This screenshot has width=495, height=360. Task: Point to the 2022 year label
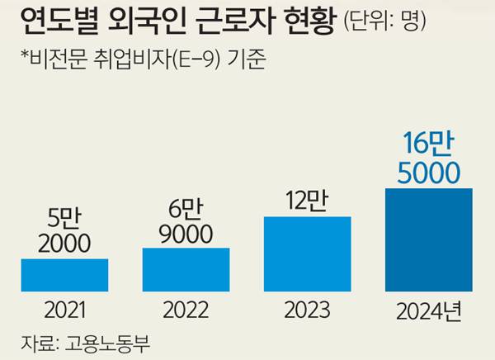coord(186,311)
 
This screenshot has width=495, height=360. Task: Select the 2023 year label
coord(307,311)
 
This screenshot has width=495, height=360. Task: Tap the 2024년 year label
coord(429,312)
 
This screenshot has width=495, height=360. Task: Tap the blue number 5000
coord(429,172)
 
